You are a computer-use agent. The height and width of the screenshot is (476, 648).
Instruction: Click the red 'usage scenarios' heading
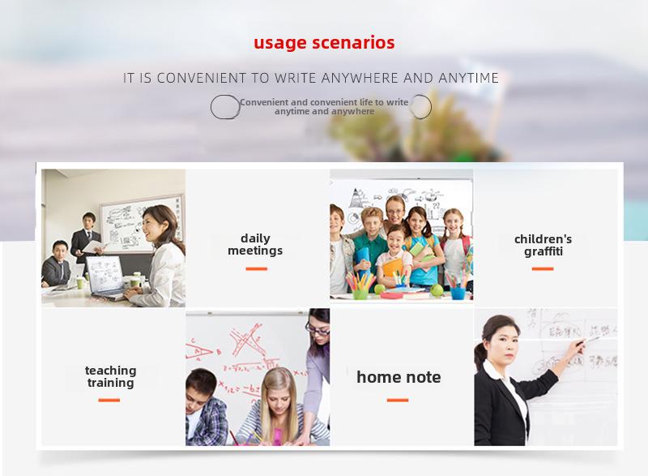(x=324, y=43)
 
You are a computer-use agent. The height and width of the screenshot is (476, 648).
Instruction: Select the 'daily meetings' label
(x=255, y=244)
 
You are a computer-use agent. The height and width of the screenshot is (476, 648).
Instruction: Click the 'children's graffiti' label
(x=543, y=245)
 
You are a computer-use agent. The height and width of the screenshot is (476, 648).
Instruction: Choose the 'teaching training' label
(x=110, y=376)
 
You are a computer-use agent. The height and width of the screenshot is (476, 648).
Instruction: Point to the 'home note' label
(x=399, y=377)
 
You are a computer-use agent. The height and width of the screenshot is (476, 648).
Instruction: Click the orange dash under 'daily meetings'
(x=256, y=268)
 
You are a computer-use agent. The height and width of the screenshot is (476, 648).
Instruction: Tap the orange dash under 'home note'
(x=398, y=400)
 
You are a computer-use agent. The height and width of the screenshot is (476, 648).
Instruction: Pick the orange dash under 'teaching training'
(x=109, y=400)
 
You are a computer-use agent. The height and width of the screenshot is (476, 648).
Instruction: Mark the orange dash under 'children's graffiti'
(x=543, y=268)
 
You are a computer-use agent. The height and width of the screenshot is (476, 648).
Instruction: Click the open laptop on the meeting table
(x=105, y=277)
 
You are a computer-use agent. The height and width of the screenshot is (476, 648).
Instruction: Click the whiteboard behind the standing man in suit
(x=141, y=223)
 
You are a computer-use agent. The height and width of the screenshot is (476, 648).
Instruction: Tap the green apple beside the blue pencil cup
(x=437, y=290)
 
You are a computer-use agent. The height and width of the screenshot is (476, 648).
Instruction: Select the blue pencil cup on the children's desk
(x=458, y=293)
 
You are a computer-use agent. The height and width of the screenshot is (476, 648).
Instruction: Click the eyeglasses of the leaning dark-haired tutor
(x=317, y=329)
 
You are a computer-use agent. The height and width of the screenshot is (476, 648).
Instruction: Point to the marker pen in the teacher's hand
(x=589, y=341)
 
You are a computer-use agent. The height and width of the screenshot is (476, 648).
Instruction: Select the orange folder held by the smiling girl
(x=393, y=267)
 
